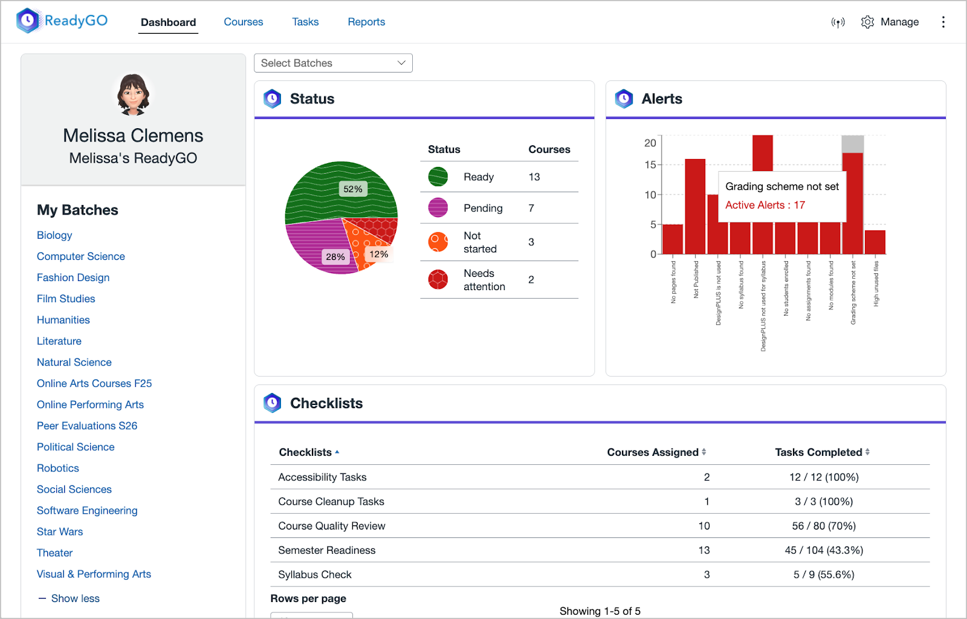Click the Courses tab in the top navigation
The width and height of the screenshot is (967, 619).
[x=243, y=22]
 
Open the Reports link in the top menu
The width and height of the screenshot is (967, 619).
[x=366, y=22]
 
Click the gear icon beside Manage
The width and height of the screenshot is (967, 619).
[x=867, y=22]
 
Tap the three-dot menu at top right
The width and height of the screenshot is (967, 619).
[x=943, y=22]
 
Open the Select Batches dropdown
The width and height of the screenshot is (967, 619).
[x=333, y=63]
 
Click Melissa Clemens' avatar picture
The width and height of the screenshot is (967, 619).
[x=133, y=94]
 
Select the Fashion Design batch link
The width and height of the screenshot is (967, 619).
[x=73, y=277]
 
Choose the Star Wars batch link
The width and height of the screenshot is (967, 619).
[x=60, y=531]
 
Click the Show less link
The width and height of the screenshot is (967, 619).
[x=75, y=598]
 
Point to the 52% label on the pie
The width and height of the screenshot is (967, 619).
[x=353, y=189]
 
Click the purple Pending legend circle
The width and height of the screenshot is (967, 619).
[x=438, y=207]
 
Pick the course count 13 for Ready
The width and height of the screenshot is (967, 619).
[x=534, y=177]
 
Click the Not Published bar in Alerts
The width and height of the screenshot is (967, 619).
[x=695, y=206]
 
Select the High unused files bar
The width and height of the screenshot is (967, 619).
[x=875, y=242]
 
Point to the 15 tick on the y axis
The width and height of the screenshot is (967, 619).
[x=650, y=164]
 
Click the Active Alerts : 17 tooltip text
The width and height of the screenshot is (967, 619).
[x=765, y=205]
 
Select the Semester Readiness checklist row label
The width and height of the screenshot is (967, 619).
[x=327, y=550]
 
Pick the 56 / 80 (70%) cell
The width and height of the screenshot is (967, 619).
[x=824, y=526]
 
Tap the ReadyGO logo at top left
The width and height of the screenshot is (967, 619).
[x=62, y=21]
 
